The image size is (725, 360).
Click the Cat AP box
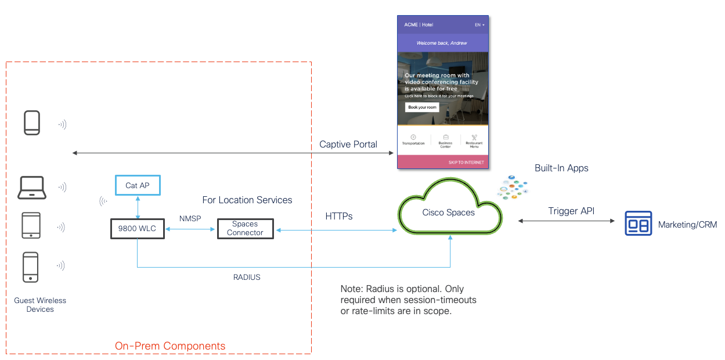click(137, 186)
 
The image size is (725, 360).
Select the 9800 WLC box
click(137, 229)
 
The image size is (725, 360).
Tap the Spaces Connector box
click(245, 229)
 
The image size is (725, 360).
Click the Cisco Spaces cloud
click(448, 213)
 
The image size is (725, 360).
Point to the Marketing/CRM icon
click(638, 224)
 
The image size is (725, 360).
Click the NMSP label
click(190, 218)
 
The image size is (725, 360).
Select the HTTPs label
click(339, 216)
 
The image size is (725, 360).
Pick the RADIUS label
click(247, 278)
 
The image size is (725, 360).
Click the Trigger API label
click(571, 211)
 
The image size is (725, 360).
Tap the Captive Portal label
click(348, 144)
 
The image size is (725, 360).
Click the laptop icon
click(33, 188)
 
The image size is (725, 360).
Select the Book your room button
click(421, 107)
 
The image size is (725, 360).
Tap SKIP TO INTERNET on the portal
click(466, 163)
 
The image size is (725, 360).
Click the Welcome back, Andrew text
click(442, 43)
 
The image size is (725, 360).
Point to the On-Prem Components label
click(170, 346)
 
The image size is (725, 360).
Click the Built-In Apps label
click(561, 168)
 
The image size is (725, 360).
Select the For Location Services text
click(247, 200)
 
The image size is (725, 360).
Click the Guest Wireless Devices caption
click(40, 305)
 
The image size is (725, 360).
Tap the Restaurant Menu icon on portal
click(474, 139)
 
